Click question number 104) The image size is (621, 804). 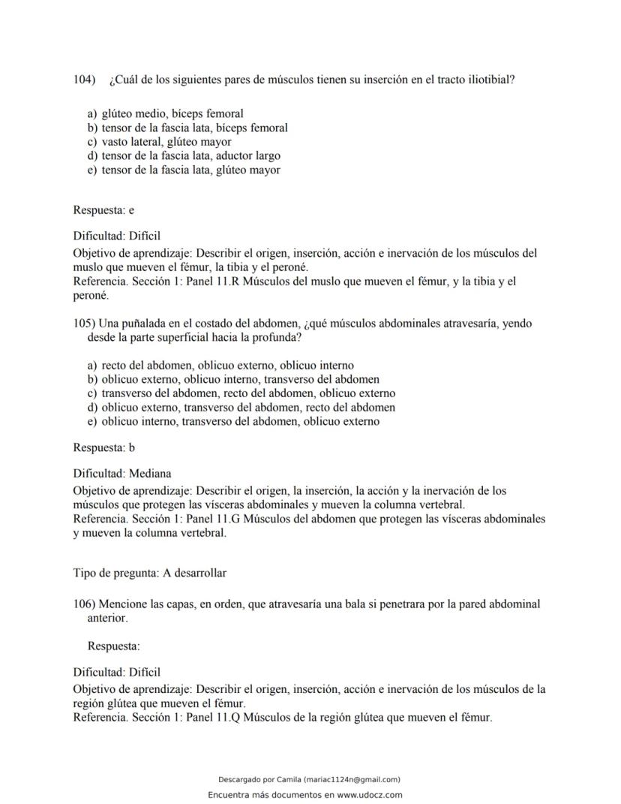coord(85,80)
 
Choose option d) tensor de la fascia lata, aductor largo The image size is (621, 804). coord(184,156)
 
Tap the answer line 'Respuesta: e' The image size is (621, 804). coord(103,210)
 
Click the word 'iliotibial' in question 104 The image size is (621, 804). coord(487,80)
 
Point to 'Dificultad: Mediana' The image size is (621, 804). coord(122,474)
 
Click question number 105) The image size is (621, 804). coord(85,324)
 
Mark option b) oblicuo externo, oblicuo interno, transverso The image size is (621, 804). coord(233,379)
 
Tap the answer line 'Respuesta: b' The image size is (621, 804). coord(103,447)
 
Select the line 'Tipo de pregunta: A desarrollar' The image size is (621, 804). coord(149,573)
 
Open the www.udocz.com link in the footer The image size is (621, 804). coord(370,795)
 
